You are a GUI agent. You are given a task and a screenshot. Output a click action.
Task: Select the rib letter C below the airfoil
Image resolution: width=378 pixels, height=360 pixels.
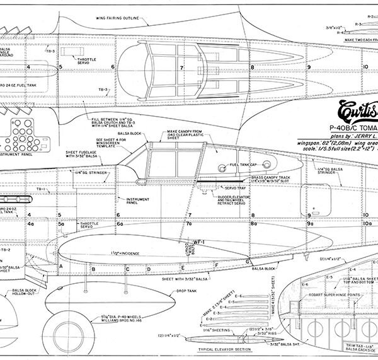(x=129, y=269)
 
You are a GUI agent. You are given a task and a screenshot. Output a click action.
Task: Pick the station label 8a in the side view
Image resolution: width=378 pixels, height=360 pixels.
(x=253, y=223)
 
